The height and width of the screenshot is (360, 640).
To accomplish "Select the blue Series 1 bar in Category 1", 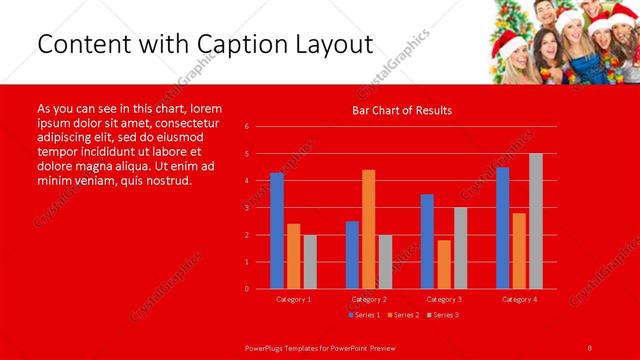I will click(x=277, y=231).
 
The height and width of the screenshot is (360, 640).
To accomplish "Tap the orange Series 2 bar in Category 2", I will click(x=369, y=229).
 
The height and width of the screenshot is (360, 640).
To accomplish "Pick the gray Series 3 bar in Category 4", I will click(x=536, y=221).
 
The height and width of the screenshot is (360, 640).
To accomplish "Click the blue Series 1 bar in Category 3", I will click(x=427, y=241).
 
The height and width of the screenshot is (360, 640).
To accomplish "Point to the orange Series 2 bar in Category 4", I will click(x=519, y=250).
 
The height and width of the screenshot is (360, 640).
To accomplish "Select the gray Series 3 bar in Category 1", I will click(x=310, y=261).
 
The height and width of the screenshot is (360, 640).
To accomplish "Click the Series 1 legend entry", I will click(x=365, y=315).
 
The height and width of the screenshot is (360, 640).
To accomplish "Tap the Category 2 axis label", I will click(x=369, y=299).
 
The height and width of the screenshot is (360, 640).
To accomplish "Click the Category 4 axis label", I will click(x=519, y=299).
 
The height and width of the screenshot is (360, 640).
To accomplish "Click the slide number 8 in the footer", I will click(x=590, y=346).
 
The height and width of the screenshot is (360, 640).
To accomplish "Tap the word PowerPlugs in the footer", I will click(x=266, y=346).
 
